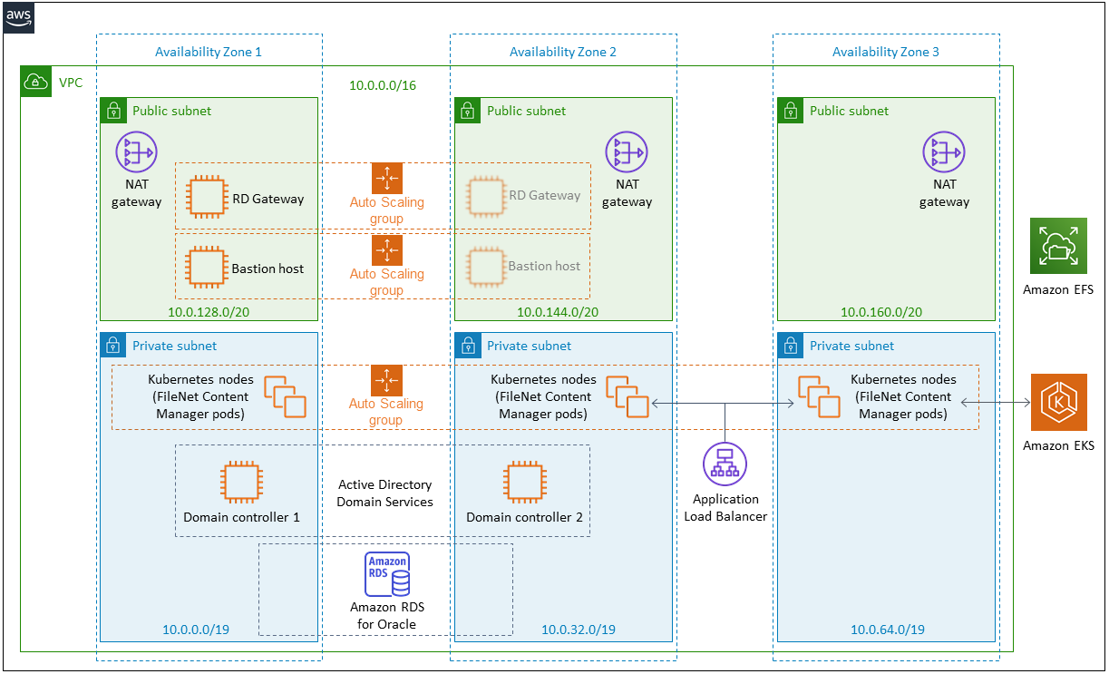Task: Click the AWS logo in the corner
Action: (x=19, y=18)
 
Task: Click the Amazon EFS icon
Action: (x=1058, y=246)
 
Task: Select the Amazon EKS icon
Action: (x=1058, y=402)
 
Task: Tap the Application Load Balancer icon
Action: (x=725, y=464)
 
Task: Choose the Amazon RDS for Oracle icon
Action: (x=387, y=574)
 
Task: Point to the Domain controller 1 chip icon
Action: (x=241, y=482)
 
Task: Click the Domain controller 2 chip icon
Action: (x=525, y=482)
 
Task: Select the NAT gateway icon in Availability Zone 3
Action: (x=944, y=152)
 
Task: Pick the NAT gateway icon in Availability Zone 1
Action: (x=136, y=152)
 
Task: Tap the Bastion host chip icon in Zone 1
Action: (x=207, y=268)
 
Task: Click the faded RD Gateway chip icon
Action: (x=486, y=197)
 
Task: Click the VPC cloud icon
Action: (x=35, y=82)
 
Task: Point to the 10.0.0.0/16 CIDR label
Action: (x=382, y=85)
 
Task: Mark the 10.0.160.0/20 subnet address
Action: (x=881, y=312)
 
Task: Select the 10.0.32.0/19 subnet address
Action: (x=579, y=630)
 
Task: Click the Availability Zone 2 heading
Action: (x=563, y=52)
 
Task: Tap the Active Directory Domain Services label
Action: (x=384, y=493)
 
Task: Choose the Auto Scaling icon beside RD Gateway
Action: (x=386, y=178)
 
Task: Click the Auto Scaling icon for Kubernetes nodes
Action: (x=386, y=380)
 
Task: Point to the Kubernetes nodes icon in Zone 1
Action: (x=285, y=396)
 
